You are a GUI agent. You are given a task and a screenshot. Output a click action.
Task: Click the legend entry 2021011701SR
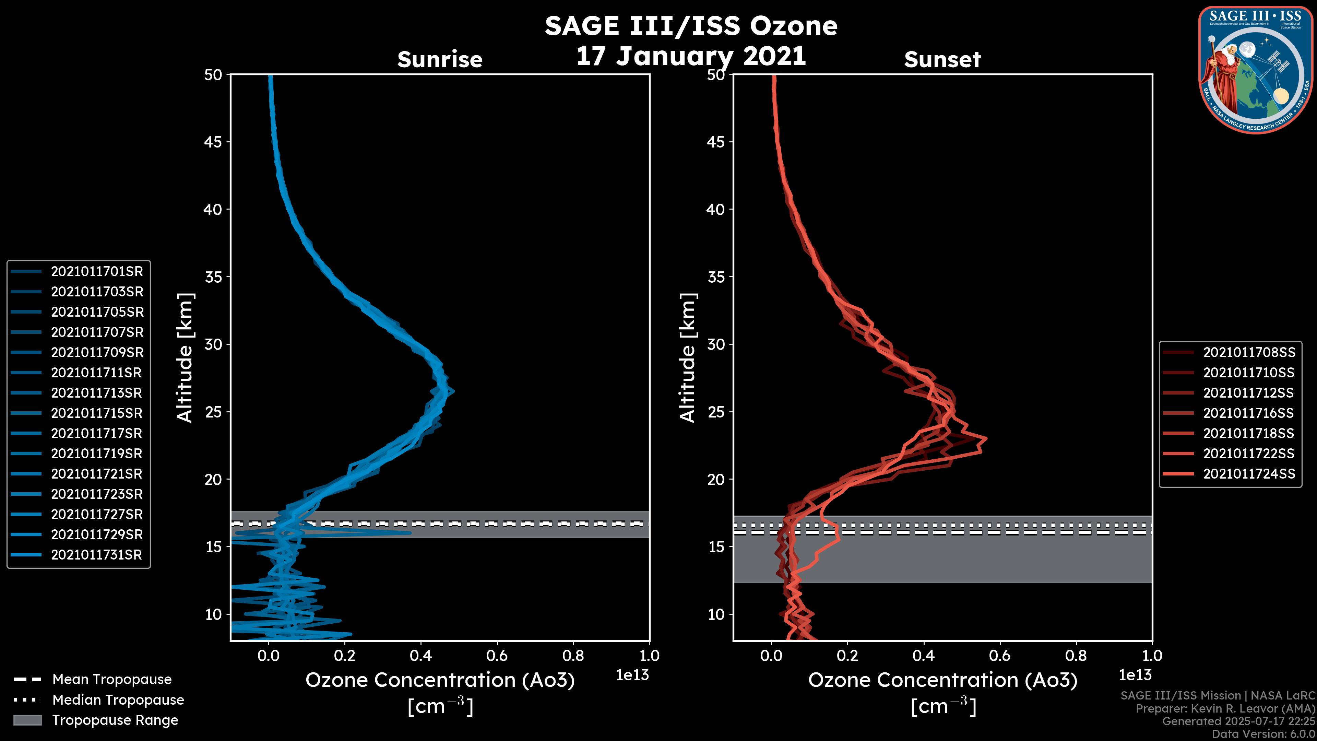click(x=97, y=272)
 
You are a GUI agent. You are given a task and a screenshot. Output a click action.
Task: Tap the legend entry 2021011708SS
click(x=1249, y=352)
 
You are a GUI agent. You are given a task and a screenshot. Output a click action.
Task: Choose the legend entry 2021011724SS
click(x=1249, y=474)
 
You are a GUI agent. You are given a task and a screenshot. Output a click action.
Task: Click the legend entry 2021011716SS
click(x=1249, y=413)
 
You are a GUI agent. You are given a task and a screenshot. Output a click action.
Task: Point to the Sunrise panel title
click(x=440, y=60)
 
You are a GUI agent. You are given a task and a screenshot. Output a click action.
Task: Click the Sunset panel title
click(x=942, y=60)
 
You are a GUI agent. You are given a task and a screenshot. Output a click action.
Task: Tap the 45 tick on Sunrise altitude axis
click(x=213, y=142)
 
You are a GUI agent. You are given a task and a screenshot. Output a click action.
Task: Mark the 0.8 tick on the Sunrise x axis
click(x=573, y=656)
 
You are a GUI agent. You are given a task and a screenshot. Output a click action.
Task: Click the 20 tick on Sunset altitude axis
click(x=716, y=480)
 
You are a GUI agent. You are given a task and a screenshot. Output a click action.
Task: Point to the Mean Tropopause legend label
click(x=112, y=680)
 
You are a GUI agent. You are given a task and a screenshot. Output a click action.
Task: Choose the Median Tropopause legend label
click(x=118, y=700)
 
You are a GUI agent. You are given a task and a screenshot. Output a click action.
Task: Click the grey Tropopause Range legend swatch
click(x=27, y=720)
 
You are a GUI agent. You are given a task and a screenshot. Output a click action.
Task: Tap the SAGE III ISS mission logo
click(x=1255, y=70)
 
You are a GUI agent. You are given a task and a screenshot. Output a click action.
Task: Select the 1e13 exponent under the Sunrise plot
click(x=632, y=675)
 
